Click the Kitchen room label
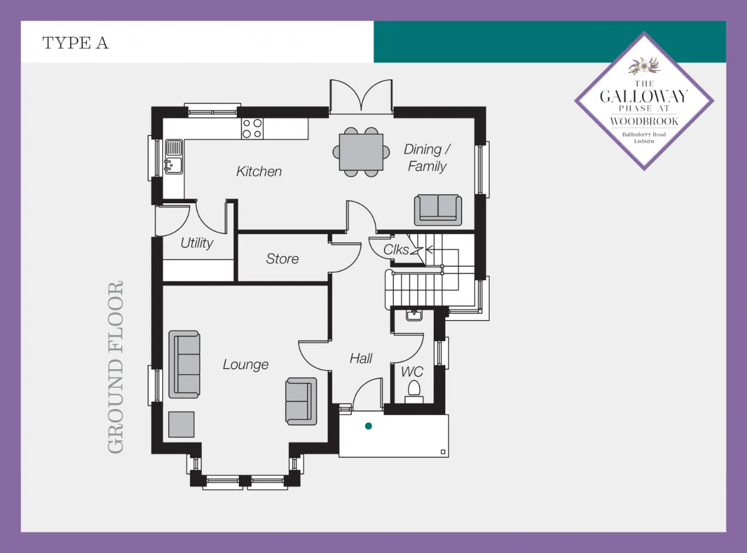point(259,172)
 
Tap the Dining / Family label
point(427,158)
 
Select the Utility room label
point(197,243)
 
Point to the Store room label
point(282,259)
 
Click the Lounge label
point(246,364)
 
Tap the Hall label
point(361,358)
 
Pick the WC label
point(412,372)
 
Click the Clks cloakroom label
point(396,250)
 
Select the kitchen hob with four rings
point(252,128)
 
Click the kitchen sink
point(174,156)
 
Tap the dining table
point(361,152)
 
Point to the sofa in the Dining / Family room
point(438,210)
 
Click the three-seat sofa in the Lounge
point(184,364)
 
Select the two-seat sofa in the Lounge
point(301,401)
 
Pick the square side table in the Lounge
point(181,425)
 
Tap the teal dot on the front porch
point(368,426)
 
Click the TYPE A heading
point(75,43)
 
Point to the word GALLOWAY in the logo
point(644,96)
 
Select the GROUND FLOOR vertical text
point(116,367)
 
